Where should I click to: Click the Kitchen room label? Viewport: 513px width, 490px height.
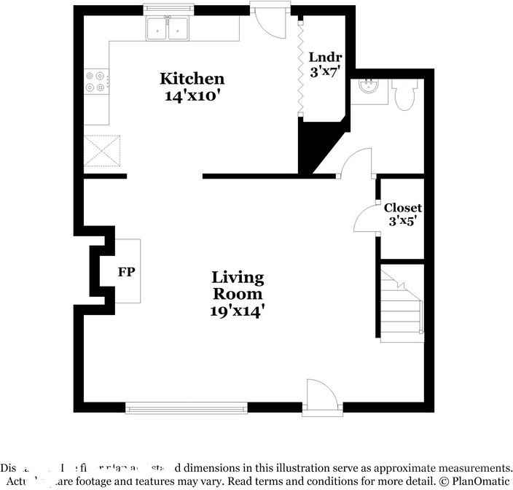pos(192,79)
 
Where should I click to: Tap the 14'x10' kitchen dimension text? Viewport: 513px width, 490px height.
pos(192,95)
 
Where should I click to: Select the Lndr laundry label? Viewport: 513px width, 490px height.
pos(321,58)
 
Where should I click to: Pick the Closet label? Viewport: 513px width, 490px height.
pos(403,208)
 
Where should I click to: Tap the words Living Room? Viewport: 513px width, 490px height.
pos(238,286)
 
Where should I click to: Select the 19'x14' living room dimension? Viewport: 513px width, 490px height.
pos(238,311)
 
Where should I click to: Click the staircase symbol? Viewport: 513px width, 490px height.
pos(402,303)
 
